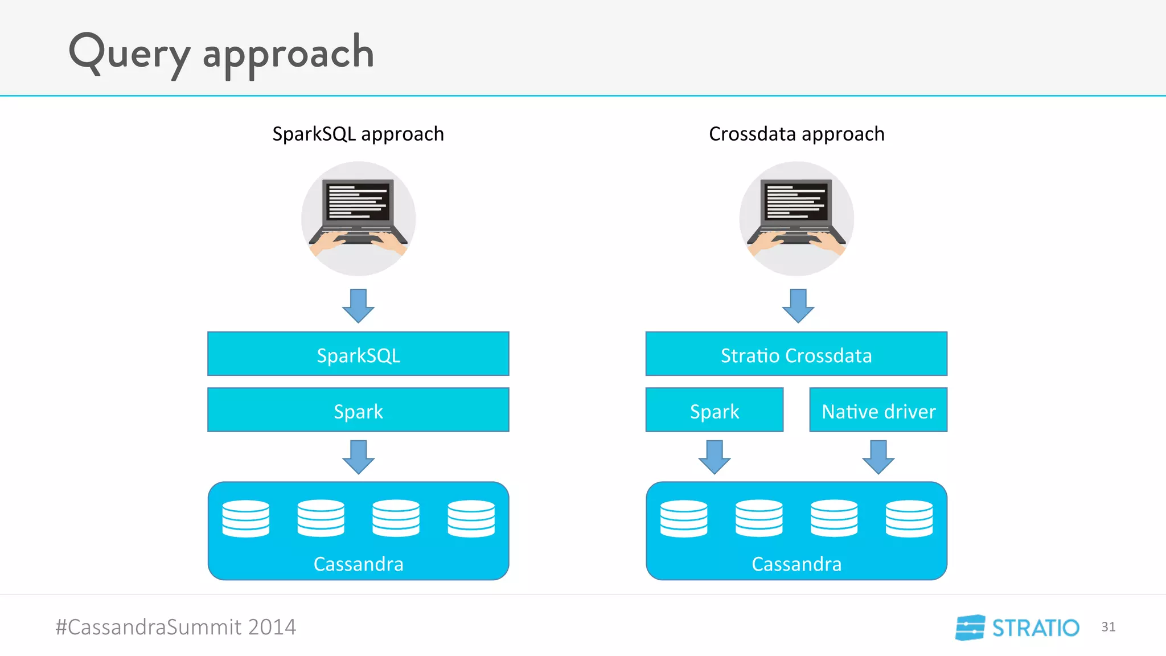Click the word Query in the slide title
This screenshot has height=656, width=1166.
pos(129,53)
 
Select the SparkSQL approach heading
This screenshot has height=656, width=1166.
pos(358,134)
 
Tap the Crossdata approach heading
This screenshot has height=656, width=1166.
pos(797,134)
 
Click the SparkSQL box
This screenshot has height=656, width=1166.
pos(358,354)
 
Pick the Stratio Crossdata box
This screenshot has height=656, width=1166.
pos(796,354)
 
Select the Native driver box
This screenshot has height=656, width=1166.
pos(878,410)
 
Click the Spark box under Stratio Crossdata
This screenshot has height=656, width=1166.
pos(714,410)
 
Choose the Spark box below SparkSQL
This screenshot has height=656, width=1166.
pos(358,410)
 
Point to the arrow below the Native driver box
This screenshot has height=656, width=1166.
pos(878,457)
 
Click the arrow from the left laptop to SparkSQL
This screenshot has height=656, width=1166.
pos(358,306)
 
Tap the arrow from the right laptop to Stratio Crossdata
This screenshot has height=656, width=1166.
pos(798,306)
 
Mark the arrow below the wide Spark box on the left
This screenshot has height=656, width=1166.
pos(358,457)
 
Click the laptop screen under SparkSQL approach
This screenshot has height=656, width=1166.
pos(358,201)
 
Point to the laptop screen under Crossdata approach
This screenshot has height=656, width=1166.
pos(796,201)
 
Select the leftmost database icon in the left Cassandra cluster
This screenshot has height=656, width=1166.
pos(245,518)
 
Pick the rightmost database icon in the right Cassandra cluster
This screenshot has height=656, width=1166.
pos(909,518)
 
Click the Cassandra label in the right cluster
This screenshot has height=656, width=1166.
pos(796,564)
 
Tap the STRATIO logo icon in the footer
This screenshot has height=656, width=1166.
pos(970,628)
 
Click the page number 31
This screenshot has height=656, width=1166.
pos(1108,627)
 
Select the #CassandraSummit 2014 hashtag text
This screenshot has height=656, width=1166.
pos(175,627)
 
